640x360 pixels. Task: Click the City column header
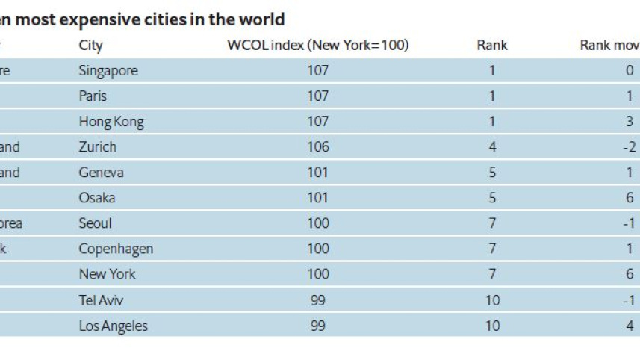(x=90, y=46)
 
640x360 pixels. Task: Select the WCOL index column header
(x=317, y=46)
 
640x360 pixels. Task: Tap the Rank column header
(x=491, y=46)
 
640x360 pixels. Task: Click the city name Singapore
(x=108, y=71)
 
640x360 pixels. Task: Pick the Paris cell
(x=93, y=96)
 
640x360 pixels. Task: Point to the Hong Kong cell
(x=111, y=122)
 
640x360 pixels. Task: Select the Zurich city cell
(x=98, y=147)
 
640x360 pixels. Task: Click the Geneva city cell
(x=101, y=173)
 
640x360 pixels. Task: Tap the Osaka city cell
(x=97, y=198)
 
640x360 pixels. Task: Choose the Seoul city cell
(x=95, y=223)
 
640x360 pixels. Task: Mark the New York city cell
(x=108, y=274)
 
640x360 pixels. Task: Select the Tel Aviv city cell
(x=101, y=300)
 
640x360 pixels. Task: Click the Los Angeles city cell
(x=114, y=326)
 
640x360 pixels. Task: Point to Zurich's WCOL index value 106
(x=317, y=147)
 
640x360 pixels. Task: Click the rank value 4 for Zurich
(x=492, y=147)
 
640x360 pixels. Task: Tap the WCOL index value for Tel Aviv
(x=317, y=300)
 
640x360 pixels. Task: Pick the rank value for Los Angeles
(x=492, y=326)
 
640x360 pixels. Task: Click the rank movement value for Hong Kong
(x=630, y=122)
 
